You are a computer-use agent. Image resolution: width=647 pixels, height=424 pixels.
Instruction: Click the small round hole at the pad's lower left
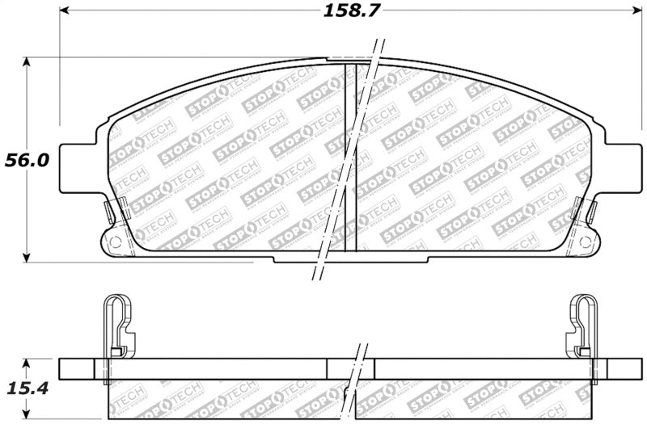[x=114, y=241]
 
